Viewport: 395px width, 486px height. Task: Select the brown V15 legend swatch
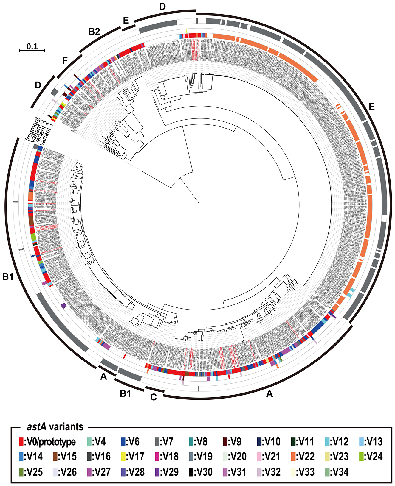56,457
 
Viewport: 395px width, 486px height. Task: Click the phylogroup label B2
94,31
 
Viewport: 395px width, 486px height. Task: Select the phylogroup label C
153,398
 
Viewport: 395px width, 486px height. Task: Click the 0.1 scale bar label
32,46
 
